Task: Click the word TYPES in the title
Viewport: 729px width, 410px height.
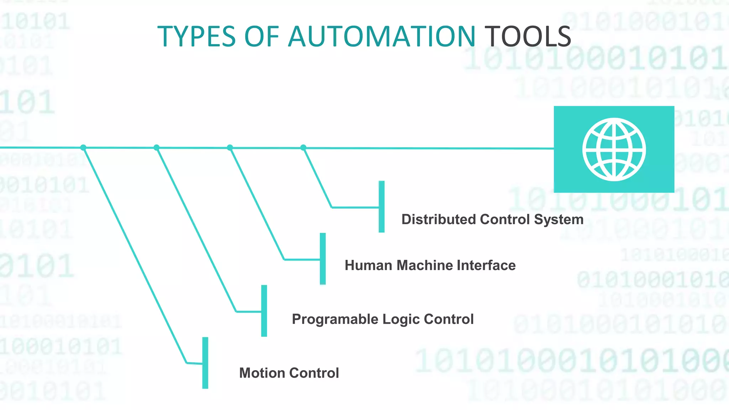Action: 196,36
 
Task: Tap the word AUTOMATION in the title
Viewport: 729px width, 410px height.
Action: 381,36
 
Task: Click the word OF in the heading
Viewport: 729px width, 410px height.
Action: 262,36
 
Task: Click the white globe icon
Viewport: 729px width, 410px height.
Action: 614,149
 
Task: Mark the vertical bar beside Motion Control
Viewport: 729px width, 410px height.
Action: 205,363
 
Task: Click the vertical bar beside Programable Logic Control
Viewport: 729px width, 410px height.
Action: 264,311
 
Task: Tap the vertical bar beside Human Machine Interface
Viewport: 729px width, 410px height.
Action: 323,259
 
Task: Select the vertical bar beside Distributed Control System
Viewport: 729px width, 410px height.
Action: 382,206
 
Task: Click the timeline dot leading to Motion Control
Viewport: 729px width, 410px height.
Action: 83,147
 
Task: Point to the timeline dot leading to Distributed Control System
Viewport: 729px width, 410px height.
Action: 303,147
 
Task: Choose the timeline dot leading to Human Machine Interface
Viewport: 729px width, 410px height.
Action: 230,147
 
